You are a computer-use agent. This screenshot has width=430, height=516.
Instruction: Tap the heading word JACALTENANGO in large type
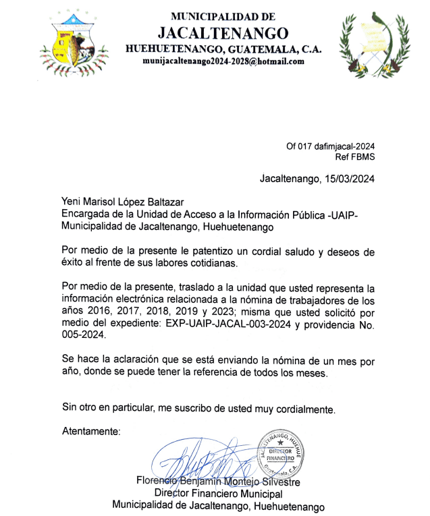click(x=223, y=32)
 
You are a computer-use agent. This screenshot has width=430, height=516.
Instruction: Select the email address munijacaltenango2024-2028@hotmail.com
click(x=223, y=61)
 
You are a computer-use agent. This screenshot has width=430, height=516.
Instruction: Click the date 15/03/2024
click(x=348, y=179)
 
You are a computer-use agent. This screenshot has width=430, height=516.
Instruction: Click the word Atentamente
click(x=91, y=430)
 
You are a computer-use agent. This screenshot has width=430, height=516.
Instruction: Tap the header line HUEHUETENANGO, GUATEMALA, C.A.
click(x=223, y=49)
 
